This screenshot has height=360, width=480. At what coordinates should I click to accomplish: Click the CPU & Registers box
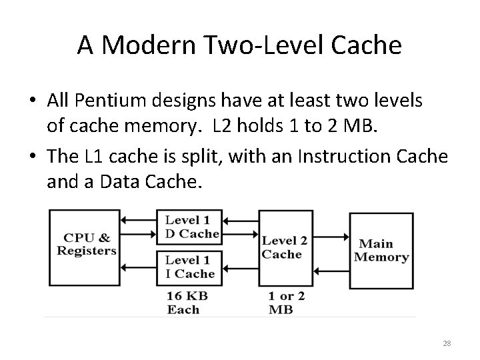click(x=87, y=244)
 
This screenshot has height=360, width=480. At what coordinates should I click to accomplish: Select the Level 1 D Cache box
click(x=193, y=227)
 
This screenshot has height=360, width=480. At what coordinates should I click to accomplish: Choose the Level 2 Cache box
click(x=285, y=247)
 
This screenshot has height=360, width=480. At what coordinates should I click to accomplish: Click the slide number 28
click(x=446, y=343)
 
